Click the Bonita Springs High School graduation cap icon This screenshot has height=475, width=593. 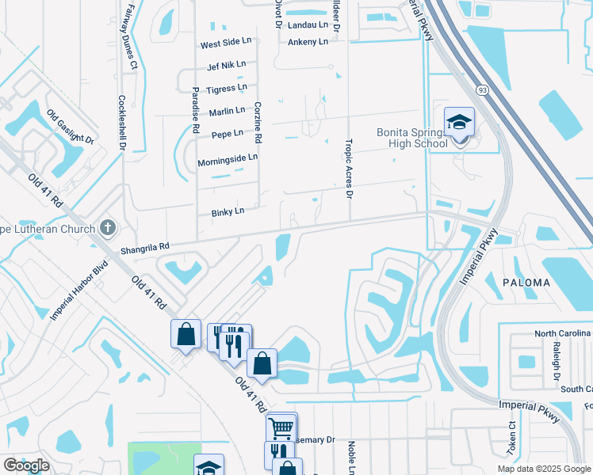pyautogui.click(x=459, y=122)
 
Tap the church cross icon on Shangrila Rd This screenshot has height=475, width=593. pyautogui.click(x=109, y=228)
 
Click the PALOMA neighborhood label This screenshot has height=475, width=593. pyautogui.click(x=526, y=283)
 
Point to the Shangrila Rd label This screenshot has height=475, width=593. pyautogui.click(x=145, y=248)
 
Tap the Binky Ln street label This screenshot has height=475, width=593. pyautogui.click(x=228, y=212)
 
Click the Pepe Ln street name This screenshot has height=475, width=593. pyautogui.click(x=228, y=135)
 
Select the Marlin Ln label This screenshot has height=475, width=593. pyautogui.click(x=227, y=112)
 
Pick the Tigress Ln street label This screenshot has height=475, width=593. pyautogui.click(x=227, y=89)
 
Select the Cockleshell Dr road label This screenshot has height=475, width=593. pyautogui.click(x=122, y=123)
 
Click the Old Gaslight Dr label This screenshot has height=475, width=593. pyautogui.click(x=70, y=129)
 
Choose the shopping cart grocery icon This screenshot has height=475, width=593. pyautogui.click(x=281, y=427)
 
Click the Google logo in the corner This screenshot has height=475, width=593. pyautogui.click(x=26, y=465)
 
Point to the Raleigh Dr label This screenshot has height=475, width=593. pyautogui.click(x=560, y=359)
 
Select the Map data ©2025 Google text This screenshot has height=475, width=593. pyautogui.click(x=543, y=469)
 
